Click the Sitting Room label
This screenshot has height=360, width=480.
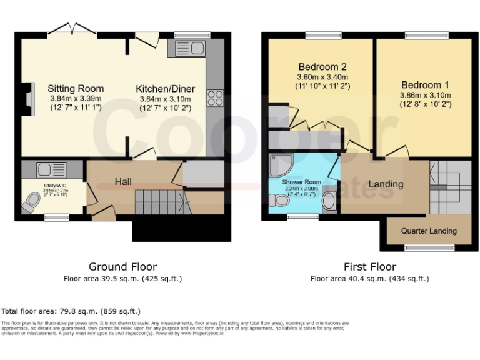(x=76, y=88)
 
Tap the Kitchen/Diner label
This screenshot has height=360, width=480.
(x=165, y=89)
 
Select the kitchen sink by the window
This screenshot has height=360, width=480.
(x=187, y=48)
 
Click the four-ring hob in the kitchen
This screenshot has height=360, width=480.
(x=215, y=97)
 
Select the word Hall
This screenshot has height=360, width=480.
(x=123, y=181)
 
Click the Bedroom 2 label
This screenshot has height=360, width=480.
(x=322, y=67)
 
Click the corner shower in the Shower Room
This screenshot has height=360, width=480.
(x=279, y=164)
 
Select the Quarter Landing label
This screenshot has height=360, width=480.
(x=429, y=231)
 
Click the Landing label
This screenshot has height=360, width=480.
(x=386, y=184)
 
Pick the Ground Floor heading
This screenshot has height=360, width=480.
(x=122, y=267)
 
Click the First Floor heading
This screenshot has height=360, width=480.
(x=369, y=267)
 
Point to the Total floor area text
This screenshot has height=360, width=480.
(x=71, y=311)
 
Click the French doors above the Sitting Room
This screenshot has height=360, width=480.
(x=72, y=29)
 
